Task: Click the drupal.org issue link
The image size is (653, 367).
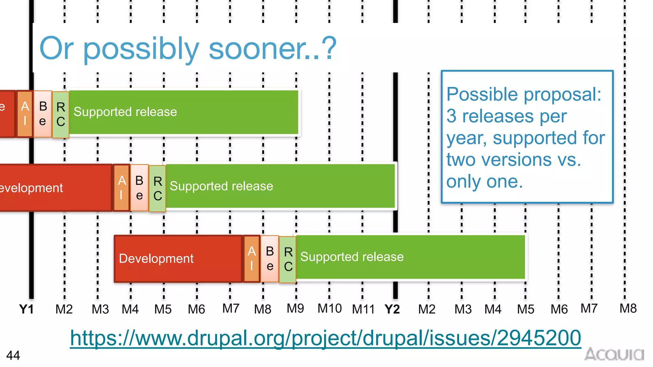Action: coord(325,338)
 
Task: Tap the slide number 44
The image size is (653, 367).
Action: coord(13,356)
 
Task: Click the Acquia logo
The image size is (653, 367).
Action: coord(614,354)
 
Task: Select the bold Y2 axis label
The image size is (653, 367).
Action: coord(392,309)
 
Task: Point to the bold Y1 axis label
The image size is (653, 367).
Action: coord(26,309)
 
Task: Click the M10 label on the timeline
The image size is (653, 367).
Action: coord(329,308)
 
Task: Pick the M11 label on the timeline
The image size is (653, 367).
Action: coord(363,309)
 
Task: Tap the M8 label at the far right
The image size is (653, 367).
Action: coord(628,308)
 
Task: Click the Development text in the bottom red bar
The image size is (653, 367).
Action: coord(156,258)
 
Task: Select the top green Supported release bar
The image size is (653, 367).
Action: coord(184,112)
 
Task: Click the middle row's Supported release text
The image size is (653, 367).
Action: coord(221,186)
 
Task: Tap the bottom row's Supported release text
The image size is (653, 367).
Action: coord(352,257)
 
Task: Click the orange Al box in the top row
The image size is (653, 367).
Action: coord(25,114)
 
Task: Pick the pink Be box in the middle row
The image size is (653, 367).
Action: coord(139,188)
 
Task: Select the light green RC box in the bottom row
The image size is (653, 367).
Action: coord(288,259)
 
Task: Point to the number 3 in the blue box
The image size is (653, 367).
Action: coord(451,116)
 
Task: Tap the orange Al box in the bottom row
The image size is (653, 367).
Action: coord(252,258)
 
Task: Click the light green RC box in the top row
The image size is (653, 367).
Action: coord(61,114)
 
